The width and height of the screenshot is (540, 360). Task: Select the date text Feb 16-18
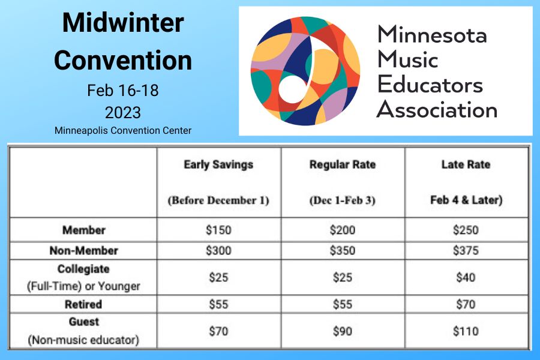(122, 91)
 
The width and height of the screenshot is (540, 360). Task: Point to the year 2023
(122, 112)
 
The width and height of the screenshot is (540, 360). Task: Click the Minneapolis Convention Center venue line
(123, 130)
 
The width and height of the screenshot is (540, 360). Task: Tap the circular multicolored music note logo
(305, 71)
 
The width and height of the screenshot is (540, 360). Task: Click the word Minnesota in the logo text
(432, 34)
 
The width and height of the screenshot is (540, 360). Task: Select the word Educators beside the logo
(430, 85)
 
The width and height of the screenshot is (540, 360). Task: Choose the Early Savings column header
(218, 164)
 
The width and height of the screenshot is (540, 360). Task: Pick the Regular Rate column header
(343, 164)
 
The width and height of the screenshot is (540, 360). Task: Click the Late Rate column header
(466, 164)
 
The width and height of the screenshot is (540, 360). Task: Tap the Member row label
(83, 230)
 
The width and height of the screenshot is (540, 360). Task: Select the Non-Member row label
(83, 251)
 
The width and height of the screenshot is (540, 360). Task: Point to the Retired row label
(83, 304)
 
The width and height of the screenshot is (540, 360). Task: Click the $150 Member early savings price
(218, 230)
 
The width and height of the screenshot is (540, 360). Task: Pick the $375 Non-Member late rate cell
(466, 251)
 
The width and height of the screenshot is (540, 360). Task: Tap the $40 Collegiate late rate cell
(466, 277)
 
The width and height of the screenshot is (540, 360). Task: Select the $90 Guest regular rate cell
(343, 331)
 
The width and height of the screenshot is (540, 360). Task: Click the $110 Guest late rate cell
(466, 331)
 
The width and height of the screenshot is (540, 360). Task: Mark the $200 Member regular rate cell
(343, 230)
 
